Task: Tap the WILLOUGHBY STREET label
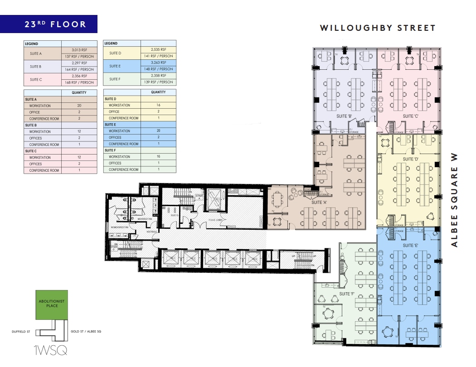(378, 28)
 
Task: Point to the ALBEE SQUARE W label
(455, 200)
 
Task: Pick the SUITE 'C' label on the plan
(410, 116)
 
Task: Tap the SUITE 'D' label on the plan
(410, 159)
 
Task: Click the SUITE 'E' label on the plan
(410, 245)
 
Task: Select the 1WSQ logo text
(51, 350)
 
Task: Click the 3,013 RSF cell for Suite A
(79, 50)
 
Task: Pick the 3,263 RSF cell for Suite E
(158, 63)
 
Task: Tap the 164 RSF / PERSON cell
(79, 69)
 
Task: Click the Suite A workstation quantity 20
(79, 106)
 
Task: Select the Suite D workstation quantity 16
(158, 105)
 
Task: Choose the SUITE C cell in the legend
(36, 79)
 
